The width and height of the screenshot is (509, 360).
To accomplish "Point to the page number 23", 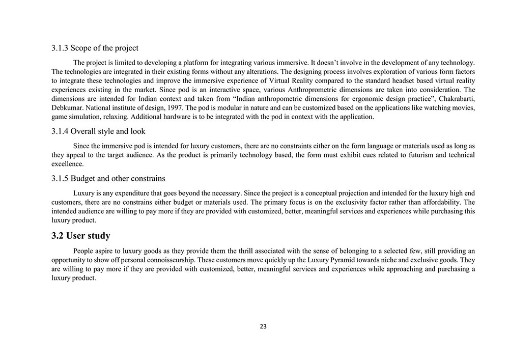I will [263, 326].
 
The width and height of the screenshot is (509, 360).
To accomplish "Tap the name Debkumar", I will [68, 108].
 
